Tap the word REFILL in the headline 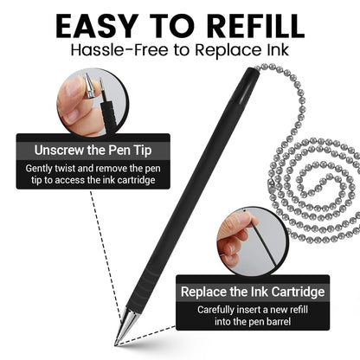tap(250, 26)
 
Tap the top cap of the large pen tap(249, 79)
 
